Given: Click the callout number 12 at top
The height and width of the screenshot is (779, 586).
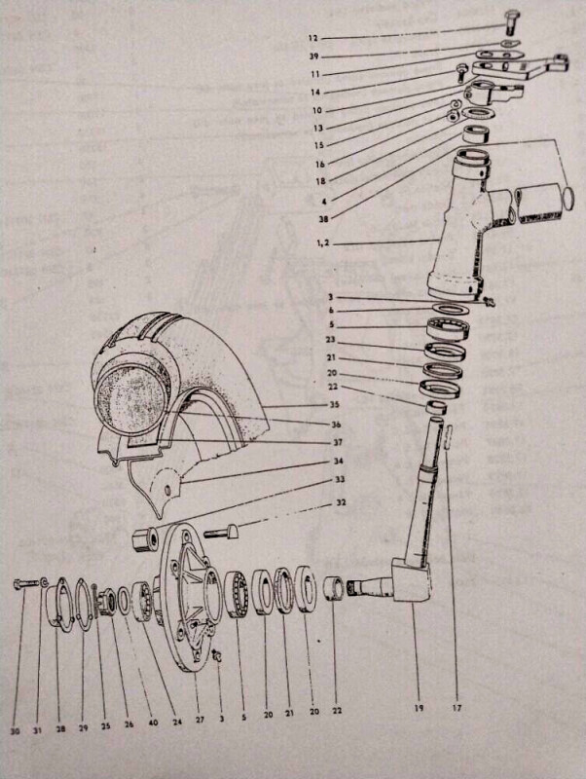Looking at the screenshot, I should click(312, 38).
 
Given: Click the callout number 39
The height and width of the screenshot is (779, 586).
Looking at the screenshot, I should click(312, 56).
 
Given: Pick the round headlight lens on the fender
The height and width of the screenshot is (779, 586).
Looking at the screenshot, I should click(131, 400).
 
